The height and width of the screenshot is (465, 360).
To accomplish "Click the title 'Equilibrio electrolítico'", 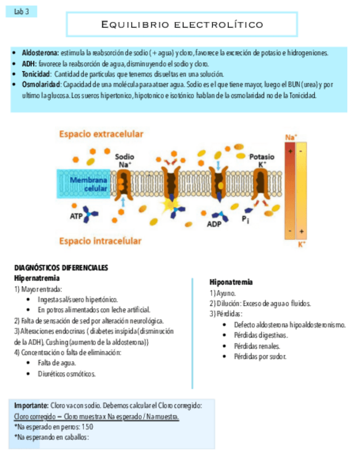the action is (x=182, y=25).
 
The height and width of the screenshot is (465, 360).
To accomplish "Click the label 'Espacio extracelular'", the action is (x=102, y=134).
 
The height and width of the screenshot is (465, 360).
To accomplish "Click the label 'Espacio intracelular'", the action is (x=100, y=241).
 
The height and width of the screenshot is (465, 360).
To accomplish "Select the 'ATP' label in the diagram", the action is (x=76, y=216).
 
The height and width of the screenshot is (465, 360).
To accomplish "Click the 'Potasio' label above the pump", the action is (x=262, y=156).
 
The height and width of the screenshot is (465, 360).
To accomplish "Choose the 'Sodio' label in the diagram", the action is (x=123, y=156).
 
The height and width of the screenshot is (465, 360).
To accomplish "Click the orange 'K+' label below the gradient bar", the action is (x=301, y=245).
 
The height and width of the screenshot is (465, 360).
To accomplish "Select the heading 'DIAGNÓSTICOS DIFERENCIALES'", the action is (x=61, y=268).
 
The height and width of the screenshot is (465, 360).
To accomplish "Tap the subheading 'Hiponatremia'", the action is (x=231, y=282).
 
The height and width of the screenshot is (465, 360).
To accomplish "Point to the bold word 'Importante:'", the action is (x=31, y=405).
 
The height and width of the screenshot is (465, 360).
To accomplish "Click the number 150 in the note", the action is (x=87, y=427).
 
